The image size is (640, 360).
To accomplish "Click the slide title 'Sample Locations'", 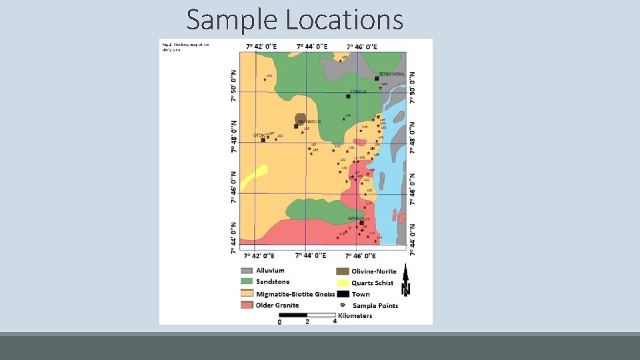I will coord(295,19).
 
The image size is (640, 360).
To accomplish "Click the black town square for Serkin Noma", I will coord(377,79).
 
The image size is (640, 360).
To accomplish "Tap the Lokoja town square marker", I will coord(348,96).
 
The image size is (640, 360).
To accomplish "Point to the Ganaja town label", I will coord(355,218).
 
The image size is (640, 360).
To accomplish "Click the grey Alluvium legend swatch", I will coord(246,271).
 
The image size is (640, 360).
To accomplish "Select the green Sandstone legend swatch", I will coord(246,282).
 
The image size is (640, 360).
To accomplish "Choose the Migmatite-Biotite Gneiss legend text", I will coord(290,294).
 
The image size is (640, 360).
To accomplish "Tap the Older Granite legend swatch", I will coord(246,305).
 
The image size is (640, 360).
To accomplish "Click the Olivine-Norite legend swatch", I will coord(342,271).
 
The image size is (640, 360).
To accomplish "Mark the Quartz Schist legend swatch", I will coord(342,283).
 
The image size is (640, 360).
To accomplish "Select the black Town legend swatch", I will coord(342,294).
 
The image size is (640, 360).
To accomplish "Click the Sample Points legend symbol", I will coord(342,305).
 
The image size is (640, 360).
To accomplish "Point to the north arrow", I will coord(405,280).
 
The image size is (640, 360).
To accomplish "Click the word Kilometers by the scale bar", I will coord(355,315).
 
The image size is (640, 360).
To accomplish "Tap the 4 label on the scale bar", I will coord(335,321).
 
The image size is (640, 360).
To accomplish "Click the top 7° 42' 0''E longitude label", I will coord(260,47).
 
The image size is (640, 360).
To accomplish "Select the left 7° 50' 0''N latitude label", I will coord(234,87).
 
